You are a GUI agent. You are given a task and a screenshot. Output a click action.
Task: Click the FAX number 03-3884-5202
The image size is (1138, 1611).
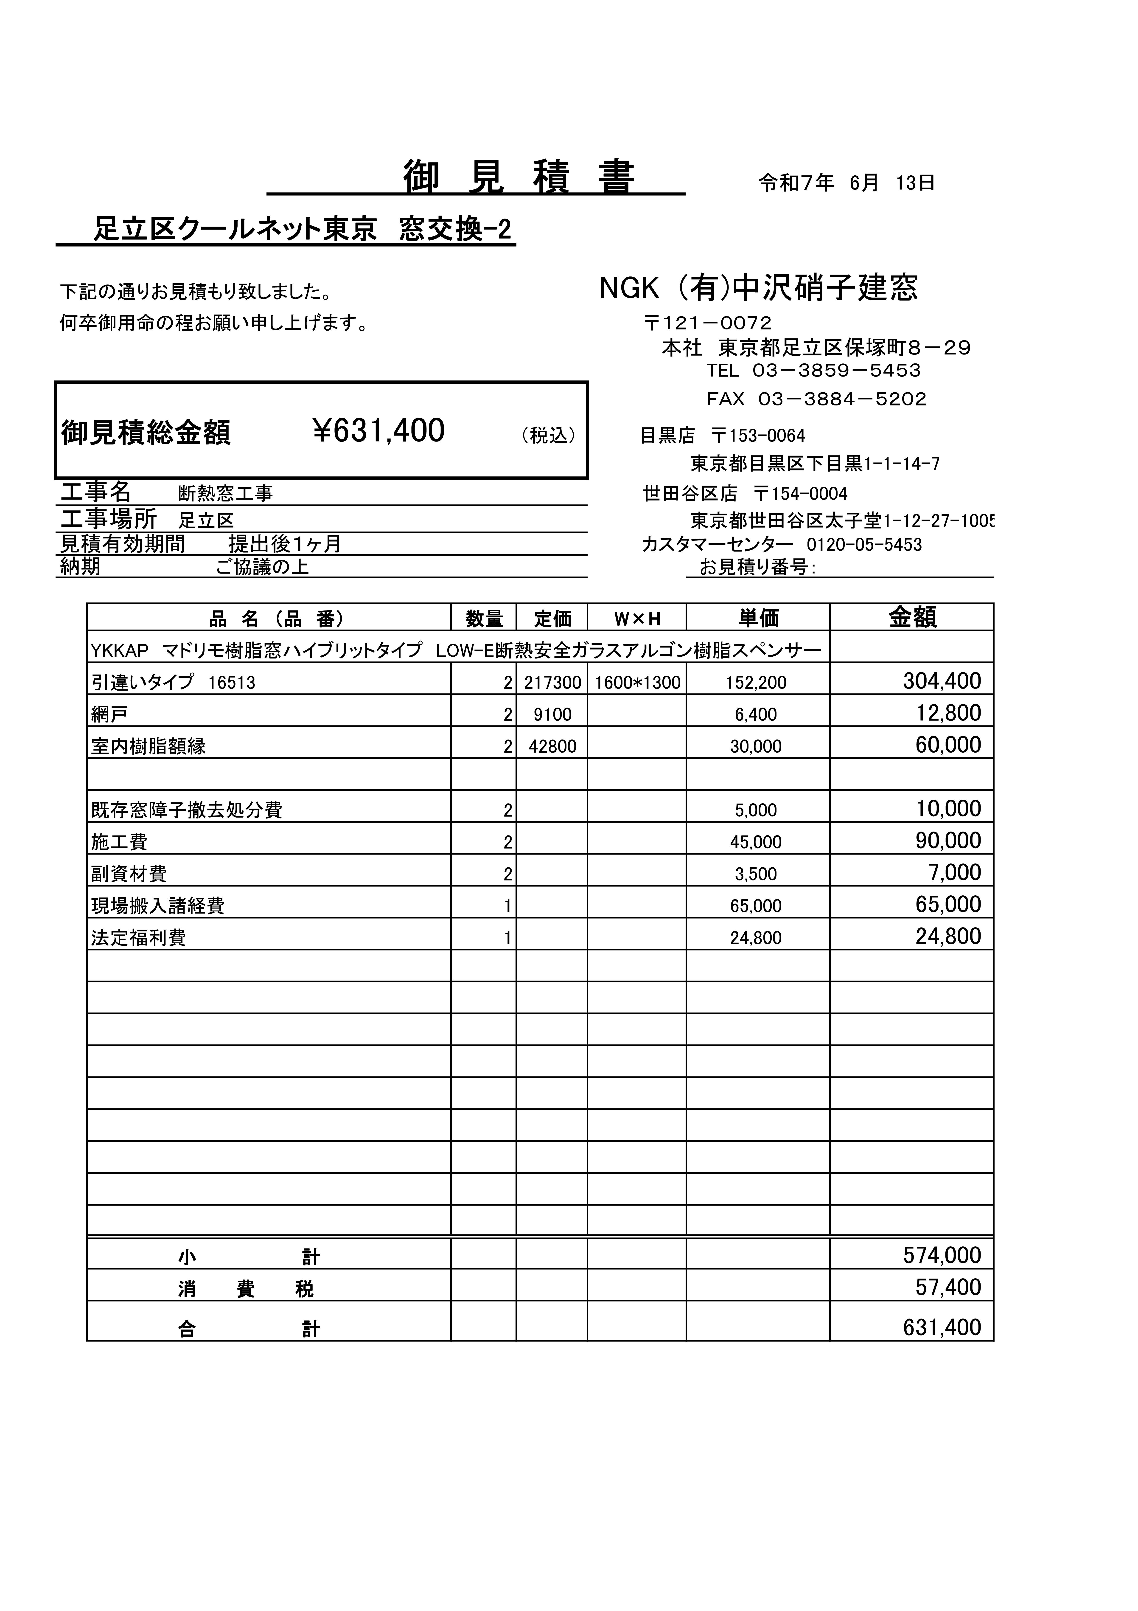tap(842, 399)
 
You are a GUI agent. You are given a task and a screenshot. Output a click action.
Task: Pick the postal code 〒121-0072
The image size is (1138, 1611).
tap(707, 323)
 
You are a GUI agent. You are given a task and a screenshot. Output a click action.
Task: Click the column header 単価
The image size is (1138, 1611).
tap(758, 618)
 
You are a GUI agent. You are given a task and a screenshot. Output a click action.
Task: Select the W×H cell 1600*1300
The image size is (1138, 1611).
tap(637, 682)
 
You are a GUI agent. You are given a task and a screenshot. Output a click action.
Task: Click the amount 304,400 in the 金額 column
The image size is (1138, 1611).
tap(942, 680)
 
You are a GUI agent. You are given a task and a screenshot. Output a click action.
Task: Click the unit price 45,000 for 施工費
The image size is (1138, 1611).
tap(756, 842)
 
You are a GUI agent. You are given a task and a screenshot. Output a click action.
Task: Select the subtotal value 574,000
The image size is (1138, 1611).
tap(942, 1255)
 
